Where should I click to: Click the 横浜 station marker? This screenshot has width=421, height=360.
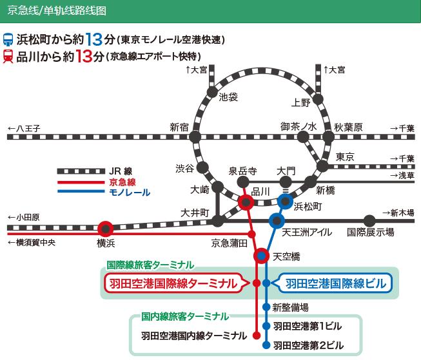[106, 228]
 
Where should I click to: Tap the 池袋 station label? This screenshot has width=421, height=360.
[229, 97]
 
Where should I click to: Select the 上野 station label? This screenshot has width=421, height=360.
[301, 102]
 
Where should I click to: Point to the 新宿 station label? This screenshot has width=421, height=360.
[179, 127]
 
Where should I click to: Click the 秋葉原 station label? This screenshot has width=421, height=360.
[349, 127]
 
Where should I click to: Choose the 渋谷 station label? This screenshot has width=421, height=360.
[184, 168]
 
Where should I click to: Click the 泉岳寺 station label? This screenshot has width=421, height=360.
[243, 171]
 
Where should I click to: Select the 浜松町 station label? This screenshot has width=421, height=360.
[307, 207]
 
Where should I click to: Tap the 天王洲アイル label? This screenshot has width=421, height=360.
[308, 232]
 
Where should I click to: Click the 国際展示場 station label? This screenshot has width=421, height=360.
[371, 232]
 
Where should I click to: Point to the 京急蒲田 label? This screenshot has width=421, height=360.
[230, 243]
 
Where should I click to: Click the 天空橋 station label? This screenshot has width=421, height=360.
[286, 256]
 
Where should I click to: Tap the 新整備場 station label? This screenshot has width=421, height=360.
[290, 307]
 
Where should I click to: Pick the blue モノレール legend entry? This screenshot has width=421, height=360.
[130, 193]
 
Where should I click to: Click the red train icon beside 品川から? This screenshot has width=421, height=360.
[9, 56]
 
